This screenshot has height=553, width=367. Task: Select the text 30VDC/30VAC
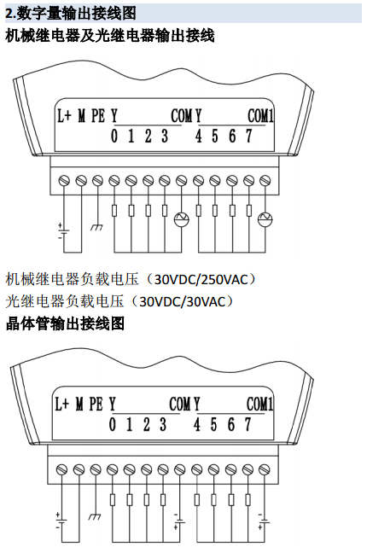tap(182, 302)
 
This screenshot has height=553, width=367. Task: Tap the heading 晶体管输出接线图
tap(65, 323)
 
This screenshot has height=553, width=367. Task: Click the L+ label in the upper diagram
tap(64, 116)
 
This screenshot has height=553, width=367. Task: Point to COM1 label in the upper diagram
tap(260, 116)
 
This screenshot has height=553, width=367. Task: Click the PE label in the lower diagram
tap(96, 404)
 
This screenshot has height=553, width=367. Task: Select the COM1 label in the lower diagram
tap(259, 405)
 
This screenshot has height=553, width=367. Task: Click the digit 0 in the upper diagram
tap(114, 136)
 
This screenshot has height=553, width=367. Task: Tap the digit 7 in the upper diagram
tap(249, 136)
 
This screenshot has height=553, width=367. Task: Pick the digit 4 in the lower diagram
tap(197, 424)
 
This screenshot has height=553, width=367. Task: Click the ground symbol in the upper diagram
tap(96, 227)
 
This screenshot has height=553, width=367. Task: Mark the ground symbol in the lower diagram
tap(95, 516)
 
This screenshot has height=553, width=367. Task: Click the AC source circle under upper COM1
tap(265, 219)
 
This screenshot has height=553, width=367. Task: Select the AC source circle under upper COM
tap(182, 219)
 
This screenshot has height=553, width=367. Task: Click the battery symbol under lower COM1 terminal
tap(263, 521)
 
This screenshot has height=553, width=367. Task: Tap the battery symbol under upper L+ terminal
tap(63, 231)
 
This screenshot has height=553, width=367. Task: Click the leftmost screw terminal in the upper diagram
tap(64, 181)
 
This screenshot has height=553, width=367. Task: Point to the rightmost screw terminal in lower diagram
tap(264, 469)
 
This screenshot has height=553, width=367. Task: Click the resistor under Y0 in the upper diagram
tap(114, 211)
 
